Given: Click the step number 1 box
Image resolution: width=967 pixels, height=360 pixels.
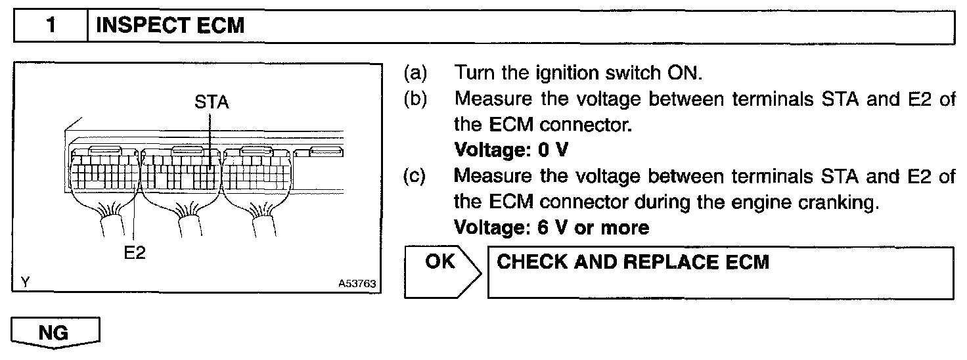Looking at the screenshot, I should (x=51, y=26).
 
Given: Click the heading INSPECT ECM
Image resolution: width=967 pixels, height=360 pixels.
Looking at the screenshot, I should (x=170, y=26).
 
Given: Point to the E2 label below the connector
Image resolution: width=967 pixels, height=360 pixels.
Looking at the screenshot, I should (x=134, y=254).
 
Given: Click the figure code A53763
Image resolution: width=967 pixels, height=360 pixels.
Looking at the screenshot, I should (x=357, y=284).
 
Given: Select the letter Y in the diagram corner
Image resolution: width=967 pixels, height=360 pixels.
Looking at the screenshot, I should (x=25, y=283).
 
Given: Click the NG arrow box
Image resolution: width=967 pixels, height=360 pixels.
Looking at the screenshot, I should (x=55, y=333).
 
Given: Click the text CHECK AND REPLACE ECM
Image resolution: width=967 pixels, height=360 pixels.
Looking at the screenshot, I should (x=633, y=262).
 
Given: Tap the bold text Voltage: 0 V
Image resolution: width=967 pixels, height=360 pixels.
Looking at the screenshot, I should (x=511, y=150).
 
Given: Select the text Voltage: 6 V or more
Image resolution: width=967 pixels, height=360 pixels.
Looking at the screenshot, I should (x=551, y=228).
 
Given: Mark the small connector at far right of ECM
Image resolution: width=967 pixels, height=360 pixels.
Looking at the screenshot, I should (x=321, y=154).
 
